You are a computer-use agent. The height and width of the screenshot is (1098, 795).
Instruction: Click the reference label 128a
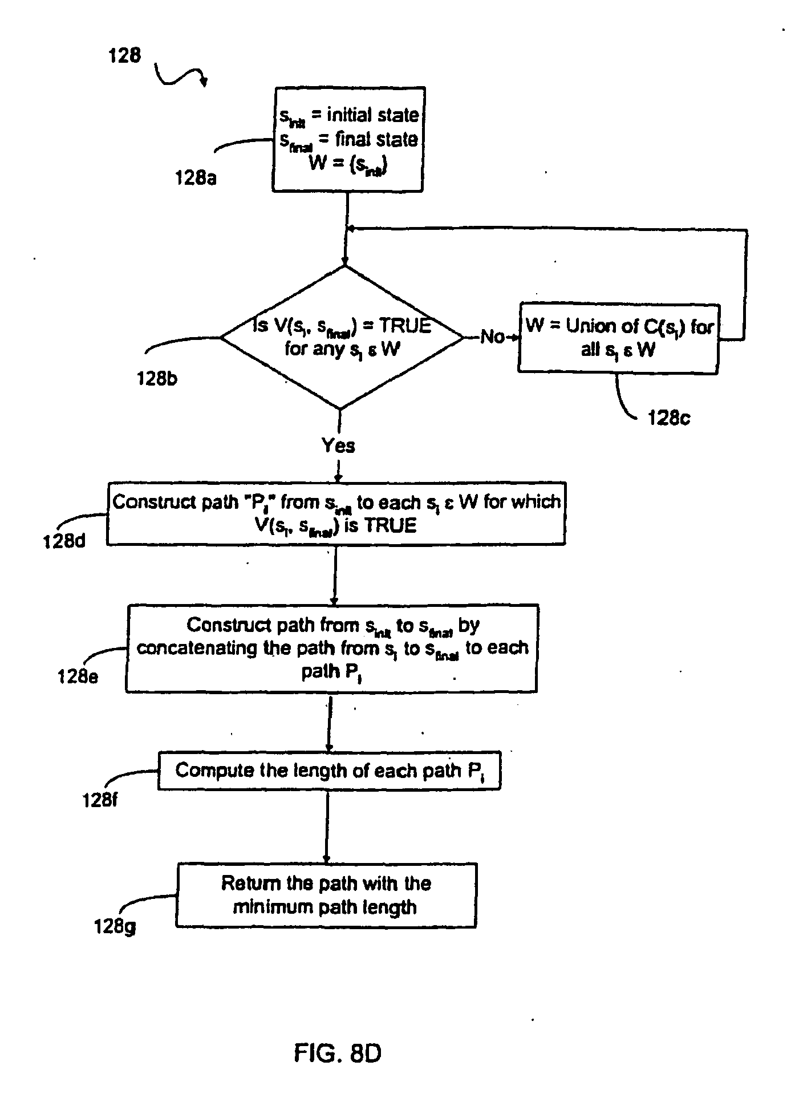[196, 178]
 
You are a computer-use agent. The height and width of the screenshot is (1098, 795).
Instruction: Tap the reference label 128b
[157, 378]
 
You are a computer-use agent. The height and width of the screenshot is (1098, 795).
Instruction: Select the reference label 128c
[668, 418]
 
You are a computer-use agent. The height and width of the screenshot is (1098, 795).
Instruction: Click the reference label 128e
[78, 676]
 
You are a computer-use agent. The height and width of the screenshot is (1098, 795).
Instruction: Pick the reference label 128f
[100, 800]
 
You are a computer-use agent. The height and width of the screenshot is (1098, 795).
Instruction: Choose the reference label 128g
[115, 926]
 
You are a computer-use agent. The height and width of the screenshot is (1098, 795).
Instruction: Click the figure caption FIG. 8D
[338, 1053]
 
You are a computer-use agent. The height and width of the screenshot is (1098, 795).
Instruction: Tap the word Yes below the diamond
[338, 445]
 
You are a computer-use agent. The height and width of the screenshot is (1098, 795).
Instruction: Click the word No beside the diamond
[492, 337]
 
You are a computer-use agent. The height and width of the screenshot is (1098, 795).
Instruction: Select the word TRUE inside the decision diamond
[405, 326]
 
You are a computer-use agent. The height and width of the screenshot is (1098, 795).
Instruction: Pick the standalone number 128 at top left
[124, 56]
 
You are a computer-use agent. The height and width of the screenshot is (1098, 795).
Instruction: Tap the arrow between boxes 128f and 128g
[327, 826]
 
